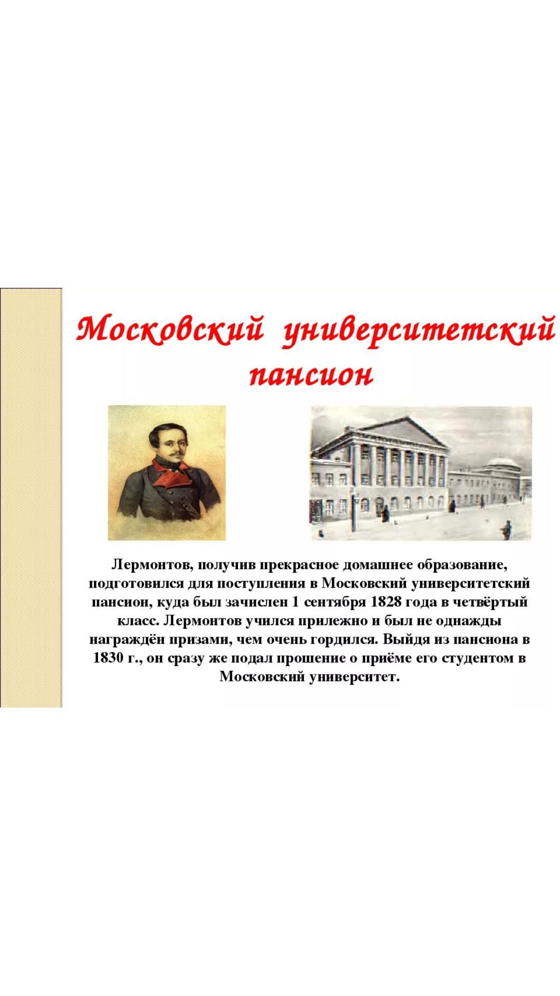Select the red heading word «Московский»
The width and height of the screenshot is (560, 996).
pos(170,329)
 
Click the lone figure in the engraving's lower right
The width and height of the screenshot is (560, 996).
pos(506,530)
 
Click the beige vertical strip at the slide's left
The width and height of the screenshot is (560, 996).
pos(31,497)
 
